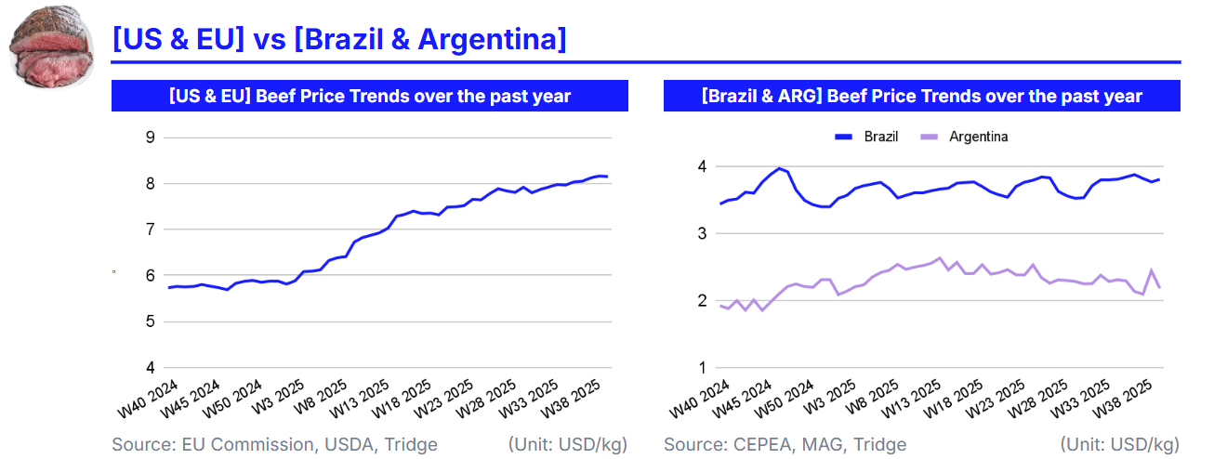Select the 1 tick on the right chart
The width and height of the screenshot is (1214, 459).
click(x=703, y=367)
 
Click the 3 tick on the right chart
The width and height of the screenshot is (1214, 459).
click(x=703, y=233)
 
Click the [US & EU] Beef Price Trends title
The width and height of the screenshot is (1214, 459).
click(x=369, y=96)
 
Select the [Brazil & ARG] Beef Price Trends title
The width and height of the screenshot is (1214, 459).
click(x=921, y=96)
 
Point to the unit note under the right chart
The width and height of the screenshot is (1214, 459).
click(x=1120, y=444)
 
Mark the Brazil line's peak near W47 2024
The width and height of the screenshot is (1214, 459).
click(x=779, y=168)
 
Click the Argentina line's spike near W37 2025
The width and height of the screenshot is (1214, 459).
click(x=1152, y=270)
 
